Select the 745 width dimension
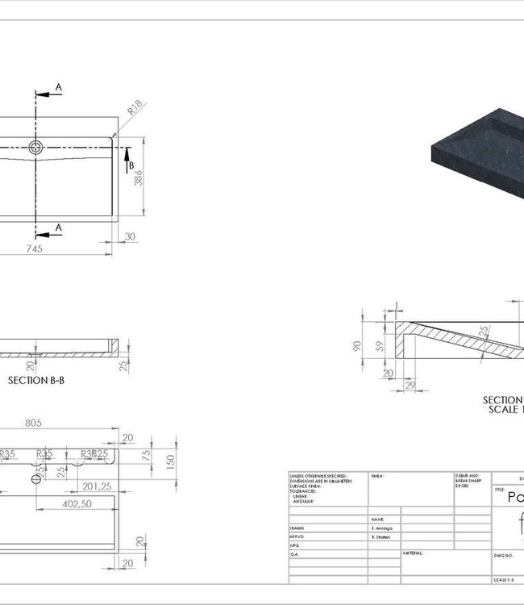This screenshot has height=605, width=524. (34, 248)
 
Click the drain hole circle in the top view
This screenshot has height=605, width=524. (36, 147)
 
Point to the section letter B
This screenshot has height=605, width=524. (131, 166)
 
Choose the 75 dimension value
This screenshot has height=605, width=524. (147, 454)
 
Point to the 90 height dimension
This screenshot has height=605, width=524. (356, 345)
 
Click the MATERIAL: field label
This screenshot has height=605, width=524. (414, 553)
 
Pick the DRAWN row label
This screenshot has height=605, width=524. (297, 527)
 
